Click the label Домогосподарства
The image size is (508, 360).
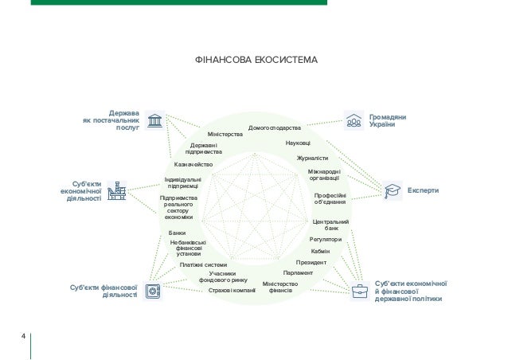(275, 128)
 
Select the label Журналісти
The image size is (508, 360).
(312, 158)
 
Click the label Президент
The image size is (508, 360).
(311, 262)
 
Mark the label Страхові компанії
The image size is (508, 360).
(232, 291)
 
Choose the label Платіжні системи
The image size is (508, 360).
(203, 265)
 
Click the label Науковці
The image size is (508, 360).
(297, 143)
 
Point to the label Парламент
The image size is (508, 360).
(298, 273)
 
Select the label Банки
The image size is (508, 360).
(177, 233)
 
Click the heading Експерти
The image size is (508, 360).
(423, 191)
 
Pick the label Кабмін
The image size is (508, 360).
(320, 251)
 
